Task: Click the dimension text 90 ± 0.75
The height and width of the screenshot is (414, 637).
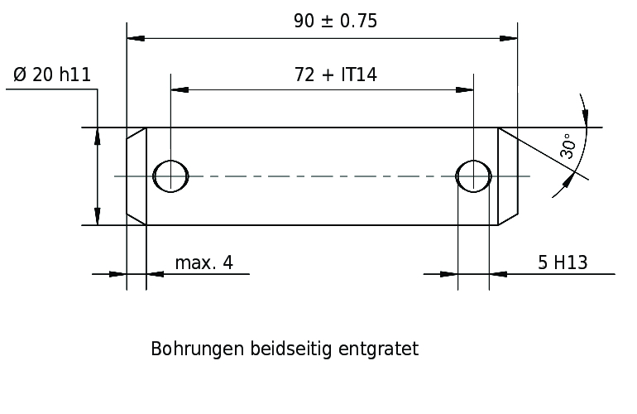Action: point(336,21)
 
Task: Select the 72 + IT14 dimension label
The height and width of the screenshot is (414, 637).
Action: point(336,75)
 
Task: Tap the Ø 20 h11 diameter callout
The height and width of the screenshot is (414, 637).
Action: point(52,75)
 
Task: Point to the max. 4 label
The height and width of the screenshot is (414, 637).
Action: point(204,262)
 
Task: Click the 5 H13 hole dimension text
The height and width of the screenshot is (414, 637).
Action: point(563,262)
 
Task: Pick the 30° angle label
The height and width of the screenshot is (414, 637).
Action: point(568,146)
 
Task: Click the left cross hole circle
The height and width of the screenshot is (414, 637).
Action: point(170,176)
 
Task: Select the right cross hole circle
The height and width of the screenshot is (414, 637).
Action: point(474,176)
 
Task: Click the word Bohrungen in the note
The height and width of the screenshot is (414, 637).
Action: point(197,349)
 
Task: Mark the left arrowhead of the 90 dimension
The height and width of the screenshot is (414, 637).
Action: point(136,38)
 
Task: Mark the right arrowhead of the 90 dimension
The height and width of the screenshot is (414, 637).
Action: point(509,38)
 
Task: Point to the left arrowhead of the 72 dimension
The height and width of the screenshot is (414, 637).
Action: point(180,89)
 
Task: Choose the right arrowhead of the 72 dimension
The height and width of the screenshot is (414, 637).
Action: point(465,89)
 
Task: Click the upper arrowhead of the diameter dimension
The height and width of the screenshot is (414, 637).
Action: point(97,137)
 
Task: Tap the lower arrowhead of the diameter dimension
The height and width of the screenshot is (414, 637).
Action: point(97,216)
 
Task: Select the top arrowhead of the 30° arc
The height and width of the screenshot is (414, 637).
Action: point(585,118)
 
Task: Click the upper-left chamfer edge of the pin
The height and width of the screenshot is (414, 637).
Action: point(136,133)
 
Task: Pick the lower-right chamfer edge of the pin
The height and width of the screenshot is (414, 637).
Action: point(508,219)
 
